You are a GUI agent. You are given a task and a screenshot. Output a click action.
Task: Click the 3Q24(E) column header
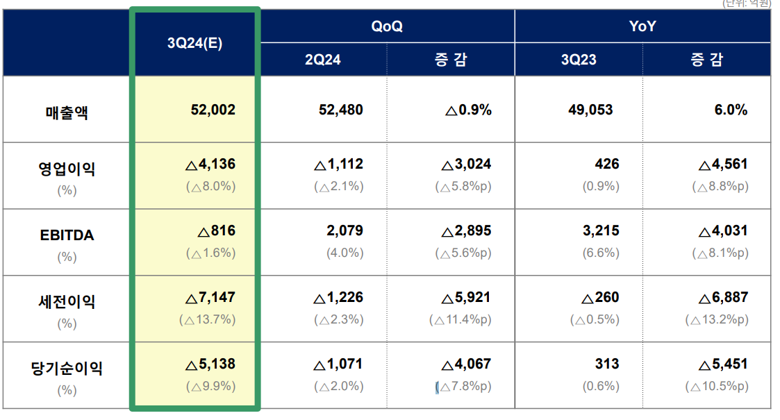(x=194, y=42)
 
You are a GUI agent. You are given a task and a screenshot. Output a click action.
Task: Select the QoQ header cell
(x=387, y=26)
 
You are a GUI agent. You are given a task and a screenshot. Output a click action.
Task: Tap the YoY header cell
(x=642, y=26)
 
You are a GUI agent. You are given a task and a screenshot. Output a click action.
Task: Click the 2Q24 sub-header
(x=323, y=60)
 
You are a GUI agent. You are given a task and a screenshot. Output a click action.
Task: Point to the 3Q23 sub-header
(x=579, y=60)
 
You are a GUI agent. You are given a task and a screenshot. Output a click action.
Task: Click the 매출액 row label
(x=67, y=111)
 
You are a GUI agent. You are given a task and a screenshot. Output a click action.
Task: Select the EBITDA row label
(x=67, y=235)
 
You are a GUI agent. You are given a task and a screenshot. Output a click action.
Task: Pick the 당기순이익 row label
(x=67, y=369)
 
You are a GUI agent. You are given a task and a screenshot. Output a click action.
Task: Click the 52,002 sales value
(x=213, y=110)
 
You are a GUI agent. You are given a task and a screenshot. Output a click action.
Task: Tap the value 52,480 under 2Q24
(x=340, y=110)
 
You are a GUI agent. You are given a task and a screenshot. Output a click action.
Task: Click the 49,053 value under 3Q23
(x=596, y=110)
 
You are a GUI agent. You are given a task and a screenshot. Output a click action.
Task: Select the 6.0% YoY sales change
(x=731, y=110)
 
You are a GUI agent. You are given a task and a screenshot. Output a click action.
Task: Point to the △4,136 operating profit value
(x=210, y=165)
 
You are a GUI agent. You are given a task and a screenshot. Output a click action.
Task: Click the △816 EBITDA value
(x=217, y=231)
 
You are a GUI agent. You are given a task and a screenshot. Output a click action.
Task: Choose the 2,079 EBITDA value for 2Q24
(x=345, y=231)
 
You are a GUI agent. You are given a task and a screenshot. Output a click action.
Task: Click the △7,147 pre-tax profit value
(x=210, y=298)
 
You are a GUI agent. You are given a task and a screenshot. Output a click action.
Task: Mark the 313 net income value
(x=607, y=364)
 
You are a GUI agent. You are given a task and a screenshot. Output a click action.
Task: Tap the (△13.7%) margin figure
(x=207, y=320)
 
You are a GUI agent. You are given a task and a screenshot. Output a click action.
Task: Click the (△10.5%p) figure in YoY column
(x=717, y=387)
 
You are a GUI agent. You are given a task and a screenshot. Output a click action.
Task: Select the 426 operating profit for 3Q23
(x=607, y=165)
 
